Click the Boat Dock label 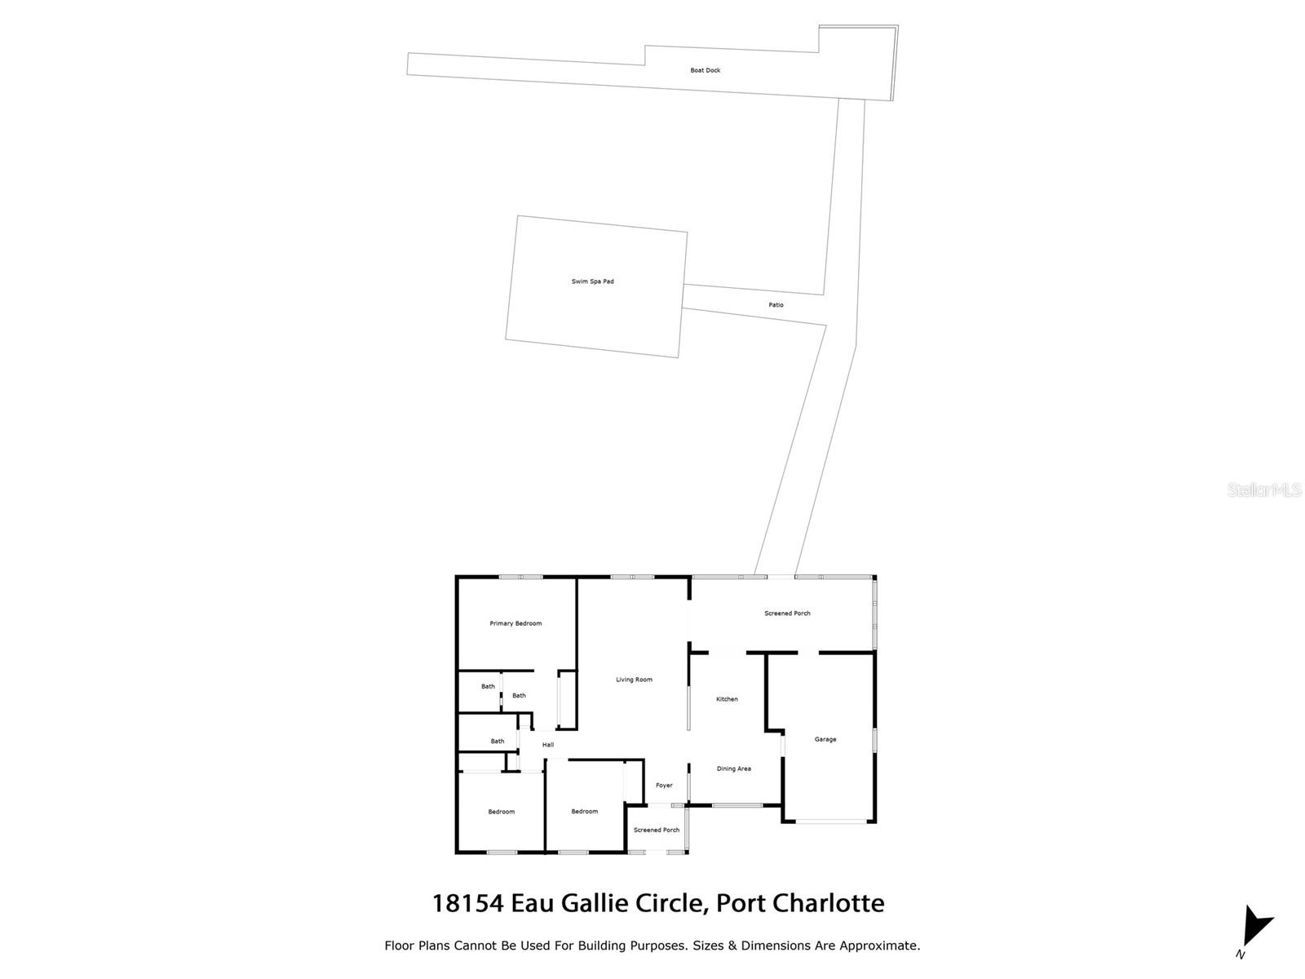705,70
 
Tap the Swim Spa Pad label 592,281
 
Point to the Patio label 776,305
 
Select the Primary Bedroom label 515,623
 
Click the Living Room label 634,680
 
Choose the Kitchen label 727,699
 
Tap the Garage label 825,739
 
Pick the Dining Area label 733,769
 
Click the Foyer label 664,786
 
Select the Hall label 548,745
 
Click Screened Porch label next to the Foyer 657,831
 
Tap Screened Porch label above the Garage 787,614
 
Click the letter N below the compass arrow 1240,955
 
